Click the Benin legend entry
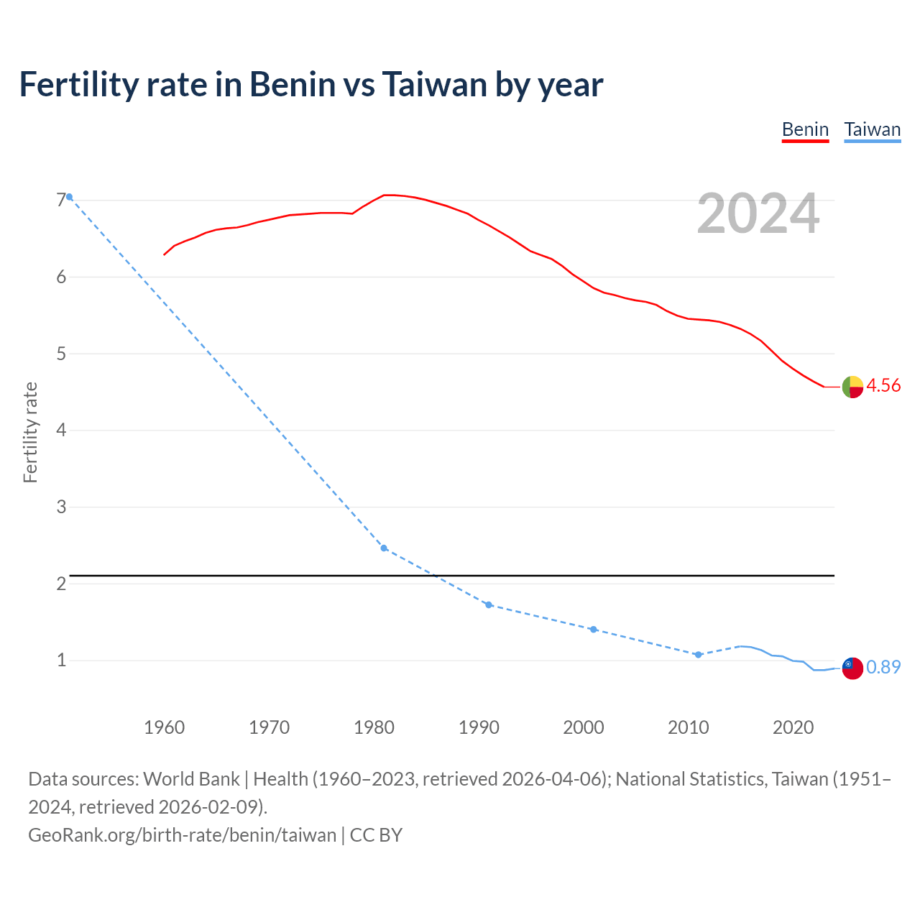tap(805, 130)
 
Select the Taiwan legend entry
tap(872, 130)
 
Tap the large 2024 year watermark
tap(758, 213)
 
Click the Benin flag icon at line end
tap(852, 387)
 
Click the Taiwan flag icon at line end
tap(852, 668)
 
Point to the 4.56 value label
tap(883, 386)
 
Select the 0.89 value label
tap(883, 668)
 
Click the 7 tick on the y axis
tap(61, 201)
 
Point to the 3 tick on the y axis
tap(61, 507)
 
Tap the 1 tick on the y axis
tap(61, 660)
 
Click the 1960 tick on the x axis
tap(164, 727)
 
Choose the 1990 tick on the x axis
tap(479, 727)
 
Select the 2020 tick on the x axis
tap(793, 727)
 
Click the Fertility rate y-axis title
tap(30, 433)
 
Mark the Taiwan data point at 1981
tap(384, 548)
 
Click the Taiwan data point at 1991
tap(489, 605)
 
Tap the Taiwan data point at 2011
tap(698, 655)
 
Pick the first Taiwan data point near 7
tap(70, 197)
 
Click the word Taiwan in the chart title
tap(435, 85)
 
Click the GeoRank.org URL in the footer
tap(182, 835)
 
